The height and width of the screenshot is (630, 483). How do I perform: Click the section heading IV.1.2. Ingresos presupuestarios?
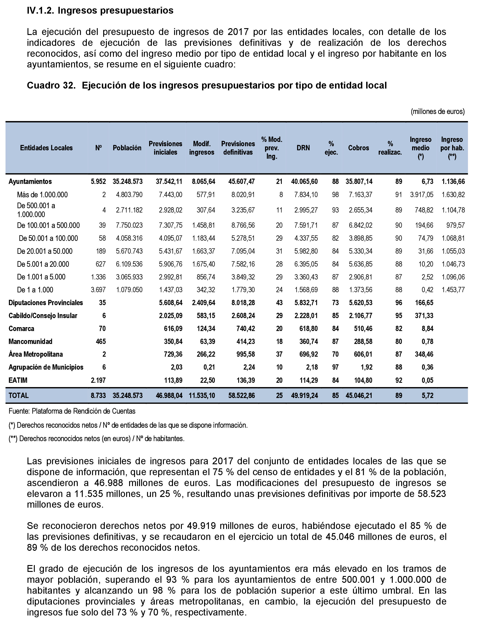pos(100,11)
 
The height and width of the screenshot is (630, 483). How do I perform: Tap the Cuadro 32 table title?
pos(206,85)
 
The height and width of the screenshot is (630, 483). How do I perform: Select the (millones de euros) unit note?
pos(437,111)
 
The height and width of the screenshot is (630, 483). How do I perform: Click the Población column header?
pos(127,148)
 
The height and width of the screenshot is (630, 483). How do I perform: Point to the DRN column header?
pos(303,148)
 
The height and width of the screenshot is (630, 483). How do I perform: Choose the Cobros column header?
pos(358,148)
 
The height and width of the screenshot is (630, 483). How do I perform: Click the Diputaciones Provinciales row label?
pos(46,303)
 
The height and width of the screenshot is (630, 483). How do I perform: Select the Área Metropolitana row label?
pos(36,354)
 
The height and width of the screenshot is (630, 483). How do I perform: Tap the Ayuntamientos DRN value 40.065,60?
pos(304,181)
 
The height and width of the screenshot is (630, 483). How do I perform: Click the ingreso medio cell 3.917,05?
pos(421,195)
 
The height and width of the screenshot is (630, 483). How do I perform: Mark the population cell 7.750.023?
pos(129,225)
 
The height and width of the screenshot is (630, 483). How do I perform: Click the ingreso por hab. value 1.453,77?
pos(453,290)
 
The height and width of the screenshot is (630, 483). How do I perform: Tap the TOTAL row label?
pos(18,396)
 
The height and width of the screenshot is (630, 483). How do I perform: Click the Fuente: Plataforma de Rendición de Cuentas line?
pos(72,411)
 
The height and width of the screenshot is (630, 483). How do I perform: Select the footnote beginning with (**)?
pos(96,438)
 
